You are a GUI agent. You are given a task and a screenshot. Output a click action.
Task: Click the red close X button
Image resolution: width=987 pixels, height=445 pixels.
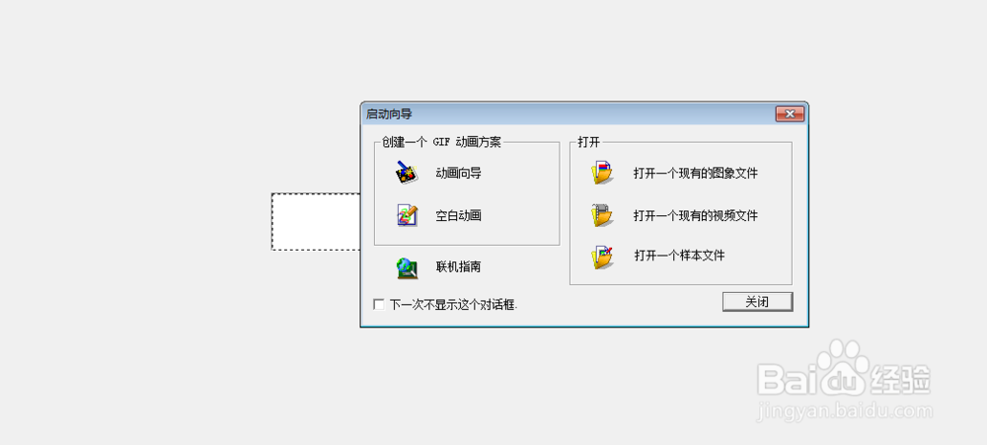(x=790, y=114)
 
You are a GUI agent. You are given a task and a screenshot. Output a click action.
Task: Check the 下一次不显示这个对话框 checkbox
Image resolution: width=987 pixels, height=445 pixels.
(x=379, y=304)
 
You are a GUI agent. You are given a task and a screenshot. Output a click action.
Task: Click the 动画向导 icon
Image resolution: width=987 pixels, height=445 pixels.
(x=407, y=173)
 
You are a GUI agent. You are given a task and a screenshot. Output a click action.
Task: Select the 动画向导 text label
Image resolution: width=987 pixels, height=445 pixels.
(x=458, y=174)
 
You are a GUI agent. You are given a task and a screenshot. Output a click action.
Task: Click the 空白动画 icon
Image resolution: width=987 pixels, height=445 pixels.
(x=407, y=214)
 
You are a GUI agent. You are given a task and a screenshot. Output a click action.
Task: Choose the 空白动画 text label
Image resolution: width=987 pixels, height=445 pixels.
(x=458, y=215)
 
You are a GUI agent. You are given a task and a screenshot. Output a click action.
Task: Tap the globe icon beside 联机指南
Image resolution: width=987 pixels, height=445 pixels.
(x=407, y=266)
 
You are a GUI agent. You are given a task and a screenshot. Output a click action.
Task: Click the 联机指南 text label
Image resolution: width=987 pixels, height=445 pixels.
(x=458, y=266)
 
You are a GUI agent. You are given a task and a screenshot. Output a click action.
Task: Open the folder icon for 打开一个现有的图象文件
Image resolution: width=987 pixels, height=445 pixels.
(x=602, y=173)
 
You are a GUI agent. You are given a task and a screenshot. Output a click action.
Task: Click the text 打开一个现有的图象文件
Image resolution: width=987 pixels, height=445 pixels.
(x=695, y=174)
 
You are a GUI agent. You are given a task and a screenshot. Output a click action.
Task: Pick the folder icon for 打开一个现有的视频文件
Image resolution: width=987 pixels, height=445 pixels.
(x=602, y=214)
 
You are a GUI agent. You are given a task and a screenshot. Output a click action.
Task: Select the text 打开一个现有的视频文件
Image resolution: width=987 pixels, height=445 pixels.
(x=695, y=215)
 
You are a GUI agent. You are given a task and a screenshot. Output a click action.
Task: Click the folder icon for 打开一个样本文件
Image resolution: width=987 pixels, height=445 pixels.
(x=602, y=257)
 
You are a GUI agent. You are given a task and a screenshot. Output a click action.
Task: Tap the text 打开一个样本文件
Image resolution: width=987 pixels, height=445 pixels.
(x=679, y=256)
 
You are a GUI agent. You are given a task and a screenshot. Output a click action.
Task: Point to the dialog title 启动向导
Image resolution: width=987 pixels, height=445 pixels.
(x=389, y=114)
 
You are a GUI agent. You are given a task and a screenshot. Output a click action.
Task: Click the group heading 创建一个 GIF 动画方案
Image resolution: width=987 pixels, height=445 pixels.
(x=442, y=142)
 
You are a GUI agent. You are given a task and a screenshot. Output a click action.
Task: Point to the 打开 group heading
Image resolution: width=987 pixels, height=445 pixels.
(x=589, y=142)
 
